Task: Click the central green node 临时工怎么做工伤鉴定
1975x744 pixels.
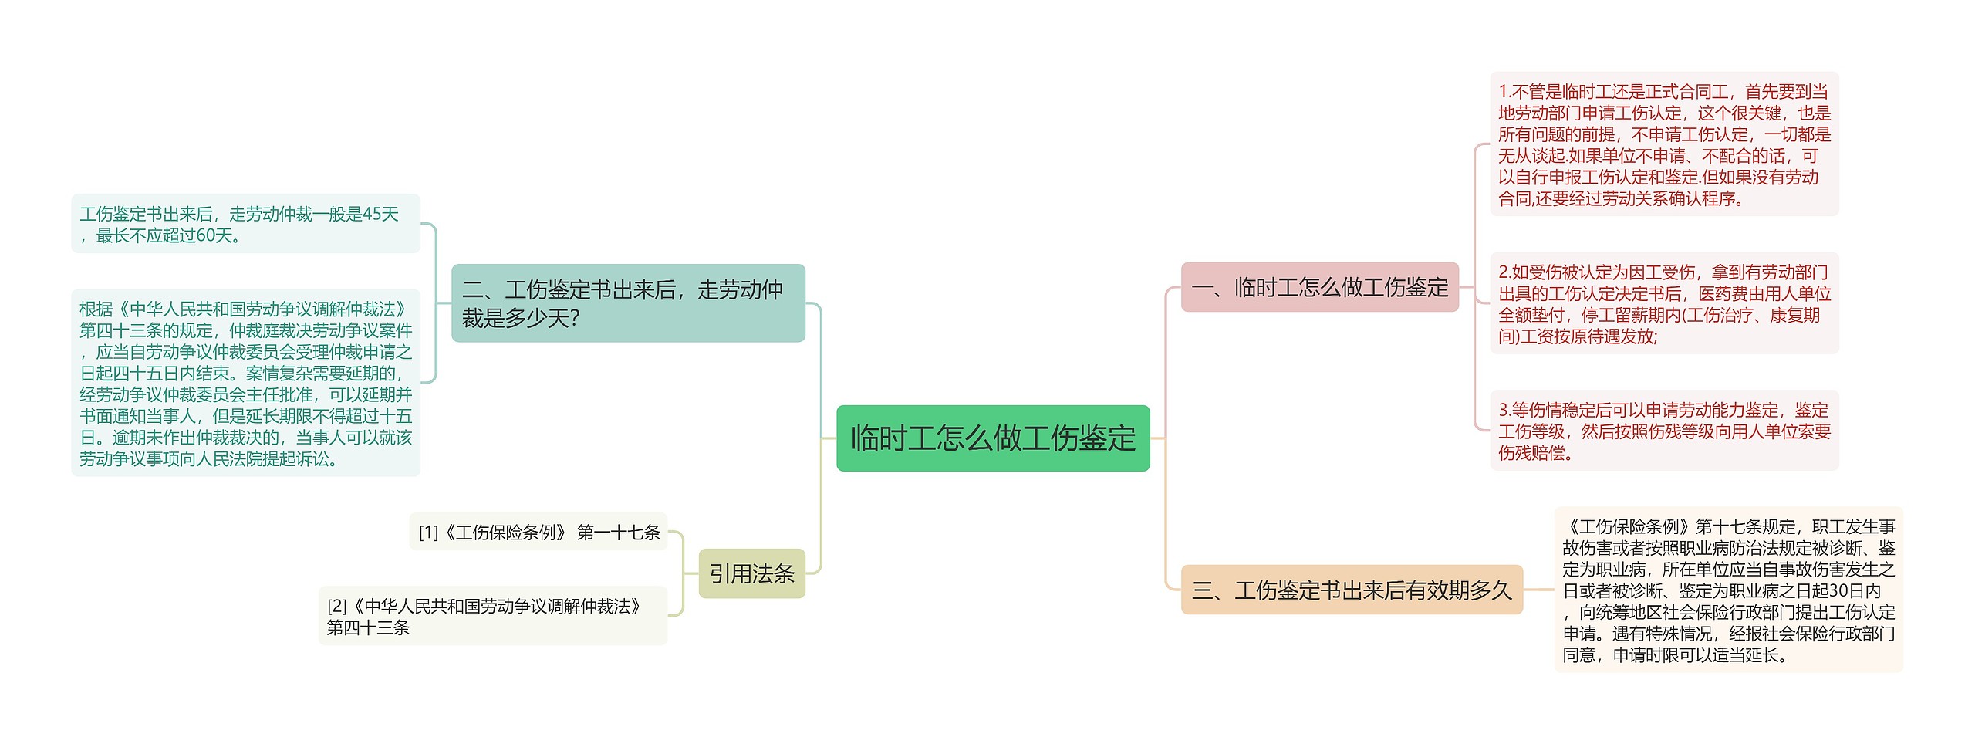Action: tap(993, 438)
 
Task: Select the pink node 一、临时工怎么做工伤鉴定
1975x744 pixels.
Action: tap(1319, 288)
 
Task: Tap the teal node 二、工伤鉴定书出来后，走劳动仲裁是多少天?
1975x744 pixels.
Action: tap(628, 303)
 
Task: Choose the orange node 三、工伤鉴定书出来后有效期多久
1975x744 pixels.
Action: tap(1352, 590)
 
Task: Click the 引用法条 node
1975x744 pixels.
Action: tap(751, 574)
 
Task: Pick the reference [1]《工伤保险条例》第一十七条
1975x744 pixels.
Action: tap(538, 533)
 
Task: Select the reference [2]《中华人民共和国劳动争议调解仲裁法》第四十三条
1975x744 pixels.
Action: tap(492, 617)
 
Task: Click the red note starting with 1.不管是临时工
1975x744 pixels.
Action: tap(1664, 145)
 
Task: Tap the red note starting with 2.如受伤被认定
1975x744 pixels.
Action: tap(1664, 304)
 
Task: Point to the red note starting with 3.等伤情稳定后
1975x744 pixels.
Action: tap(1664, 431)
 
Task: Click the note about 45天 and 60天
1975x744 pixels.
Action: tap(245, 225)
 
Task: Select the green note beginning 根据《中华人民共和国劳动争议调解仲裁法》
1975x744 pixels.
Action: tap(245, 384)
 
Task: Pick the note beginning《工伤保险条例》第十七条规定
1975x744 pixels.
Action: tap(1728, 590)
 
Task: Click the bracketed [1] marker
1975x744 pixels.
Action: tap(428, 533)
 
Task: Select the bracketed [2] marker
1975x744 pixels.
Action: tap(336, 607)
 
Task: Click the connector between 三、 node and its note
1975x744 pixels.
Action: tap(1538, 590)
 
